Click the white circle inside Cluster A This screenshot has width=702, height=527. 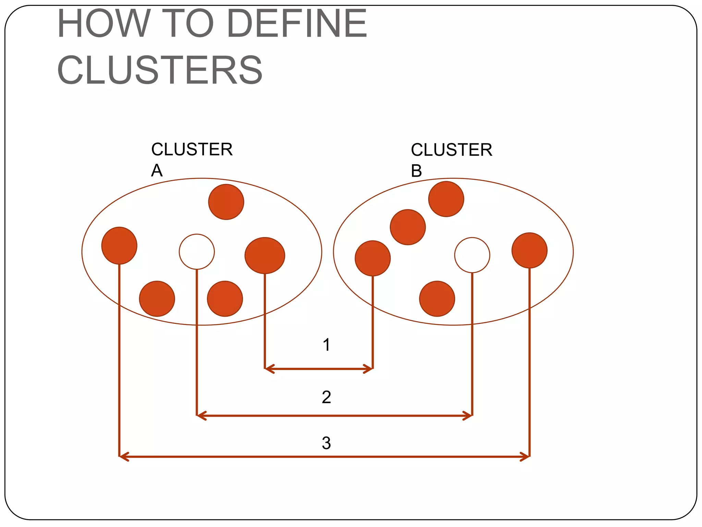pos(197,251)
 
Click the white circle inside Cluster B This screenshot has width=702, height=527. pos(472,255)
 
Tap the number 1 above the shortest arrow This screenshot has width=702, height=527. pos(326,344)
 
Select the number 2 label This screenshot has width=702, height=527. pos(326,397)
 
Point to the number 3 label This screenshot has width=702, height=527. pos(326,443)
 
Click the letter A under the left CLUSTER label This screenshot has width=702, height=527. pos(157,170)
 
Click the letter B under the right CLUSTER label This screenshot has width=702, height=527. pos(416,171)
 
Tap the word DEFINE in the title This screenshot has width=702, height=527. pos(296,23)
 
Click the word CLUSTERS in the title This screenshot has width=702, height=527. pos(160,70)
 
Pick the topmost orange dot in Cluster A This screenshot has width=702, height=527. pos(226,202)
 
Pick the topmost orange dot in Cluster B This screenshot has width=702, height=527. pos(446,199)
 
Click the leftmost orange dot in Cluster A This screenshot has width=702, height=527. pos(119,245)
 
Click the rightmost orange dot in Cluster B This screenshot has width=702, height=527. pos(529,250)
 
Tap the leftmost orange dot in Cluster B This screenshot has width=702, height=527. pos(373,258)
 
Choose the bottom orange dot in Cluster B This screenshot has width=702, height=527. pos(437,298)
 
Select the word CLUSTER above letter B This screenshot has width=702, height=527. pos(451,150)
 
